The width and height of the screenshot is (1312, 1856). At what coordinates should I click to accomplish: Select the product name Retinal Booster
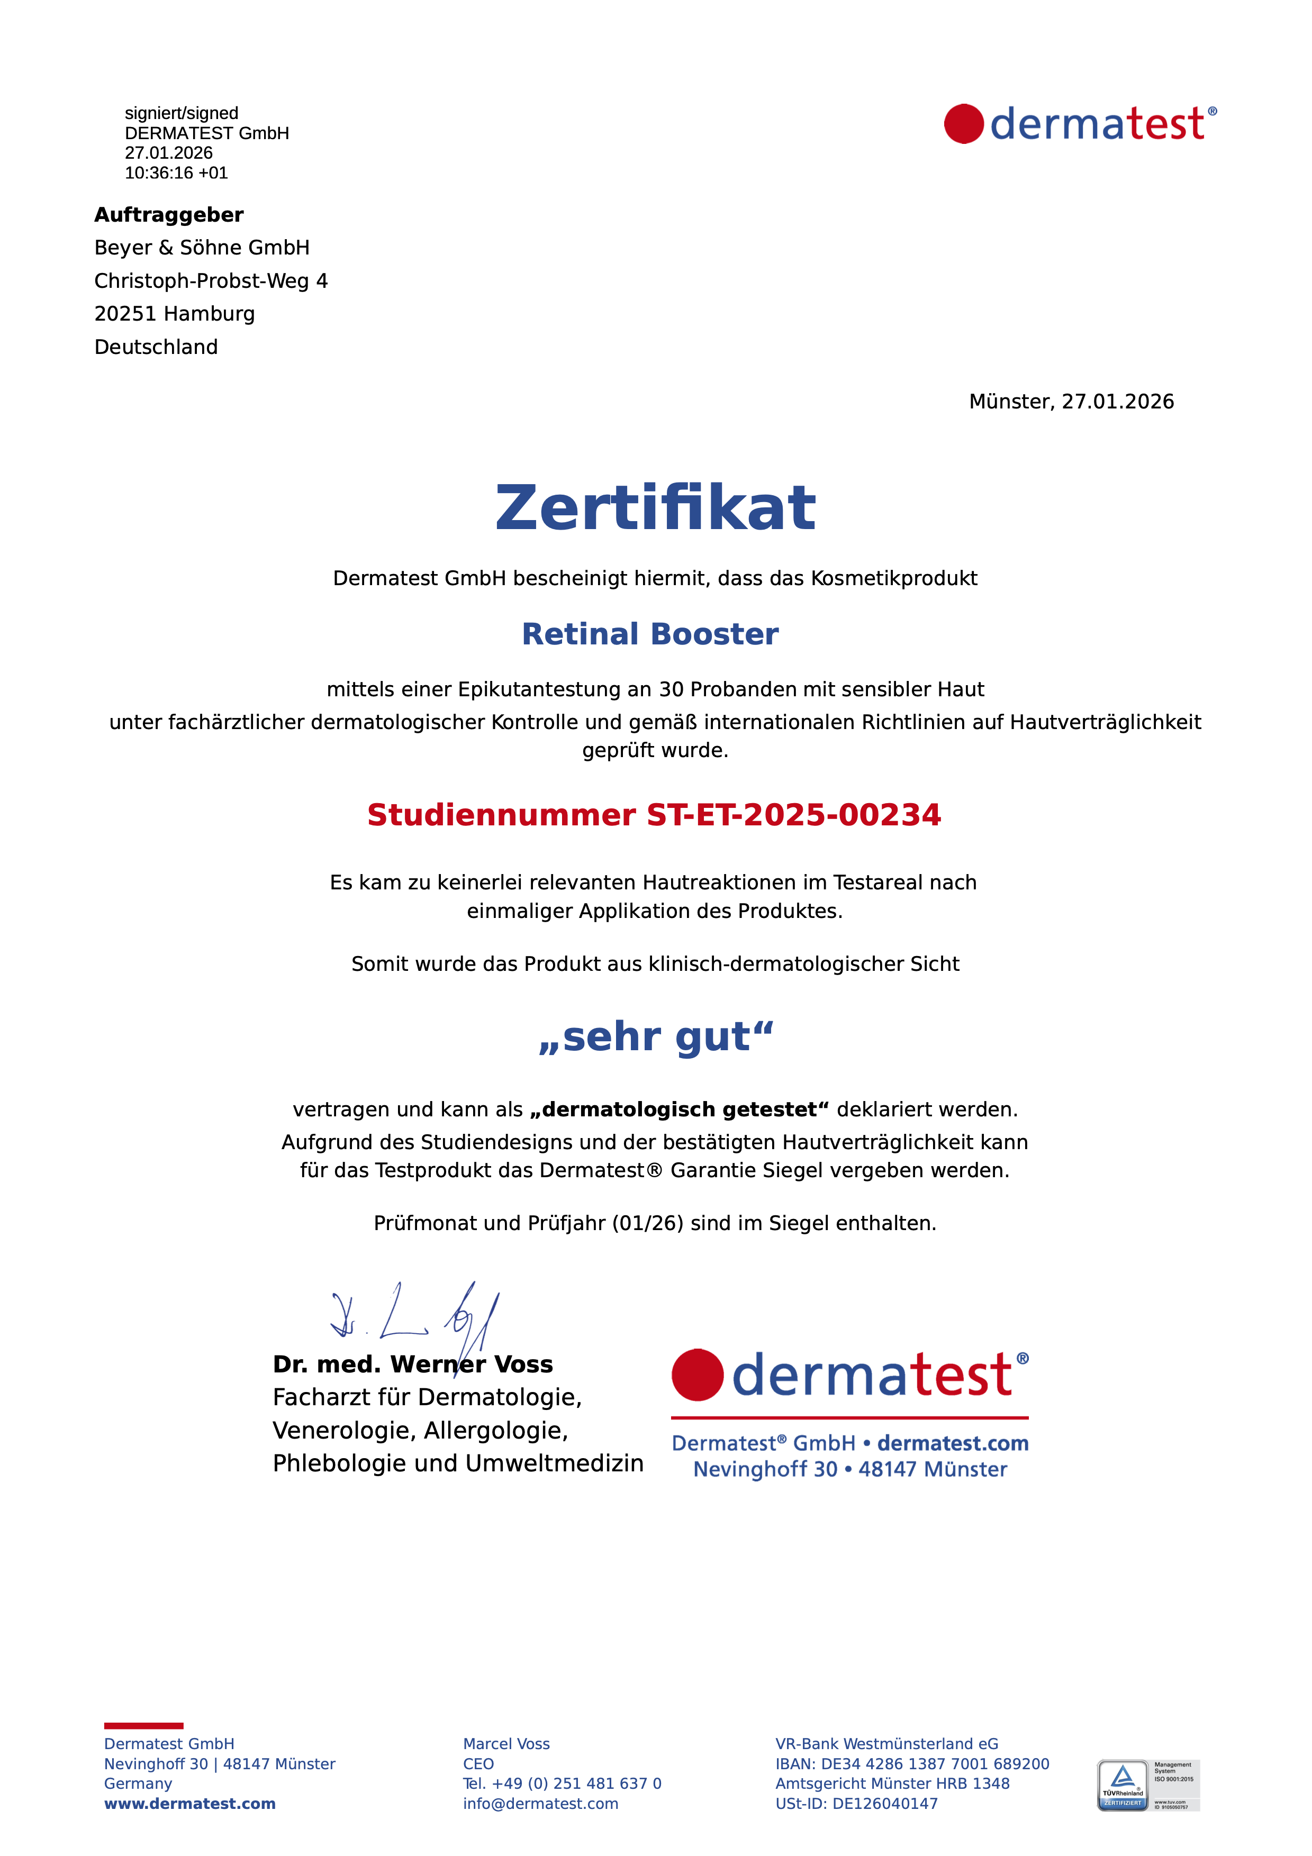tap(650, 634)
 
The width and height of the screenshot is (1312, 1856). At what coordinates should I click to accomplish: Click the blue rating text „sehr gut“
tap(656, 1036)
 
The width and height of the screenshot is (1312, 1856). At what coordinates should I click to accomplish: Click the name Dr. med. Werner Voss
tap(412, 1364)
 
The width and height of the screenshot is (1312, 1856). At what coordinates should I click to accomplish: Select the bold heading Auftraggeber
tap(169, 215)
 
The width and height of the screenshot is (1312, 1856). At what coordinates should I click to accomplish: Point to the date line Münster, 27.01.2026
tap(1071, 402)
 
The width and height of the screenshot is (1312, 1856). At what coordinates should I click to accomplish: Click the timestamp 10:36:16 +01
tap(176, 173)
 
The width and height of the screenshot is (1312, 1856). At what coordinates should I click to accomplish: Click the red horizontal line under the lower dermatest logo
tap(849, 1418)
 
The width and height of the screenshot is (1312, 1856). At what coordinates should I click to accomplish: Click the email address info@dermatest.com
tap(540, 1804)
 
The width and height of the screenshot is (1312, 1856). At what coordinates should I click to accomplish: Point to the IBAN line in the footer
tap(912, 1764)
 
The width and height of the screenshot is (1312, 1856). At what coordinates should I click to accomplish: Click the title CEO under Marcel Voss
tap(478, 1764)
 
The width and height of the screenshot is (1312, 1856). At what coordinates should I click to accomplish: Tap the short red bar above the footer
tap(144, 1726)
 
